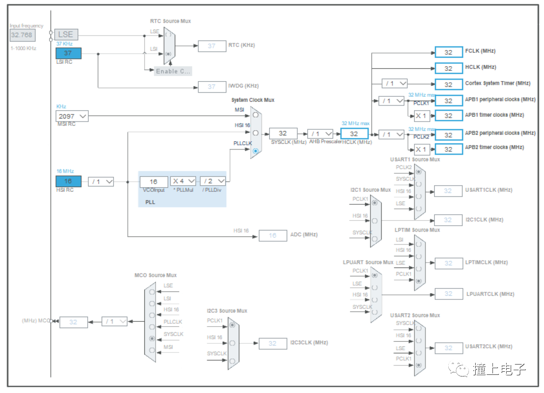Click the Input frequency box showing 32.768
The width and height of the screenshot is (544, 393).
22,35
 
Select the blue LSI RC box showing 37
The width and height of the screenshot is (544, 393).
68,53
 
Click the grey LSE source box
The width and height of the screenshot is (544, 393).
68,35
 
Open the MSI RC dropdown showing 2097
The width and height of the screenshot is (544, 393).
72,116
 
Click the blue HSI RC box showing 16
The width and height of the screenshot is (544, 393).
68,182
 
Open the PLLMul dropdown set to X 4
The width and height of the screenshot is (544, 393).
183,182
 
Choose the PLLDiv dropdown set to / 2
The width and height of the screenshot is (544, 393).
213,182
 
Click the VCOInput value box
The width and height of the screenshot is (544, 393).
154,182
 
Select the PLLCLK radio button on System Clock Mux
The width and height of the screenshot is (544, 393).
255,150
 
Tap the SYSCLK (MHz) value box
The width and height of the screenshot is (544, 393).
283,133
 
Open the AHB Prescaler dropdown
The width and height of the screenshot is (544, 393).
320,133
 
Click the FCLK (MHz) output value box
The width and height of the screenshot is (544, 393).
448,52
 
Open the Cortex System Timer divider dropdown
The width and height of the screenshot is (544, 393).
395,84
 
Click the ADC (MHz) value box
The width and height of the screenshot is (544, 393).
272,236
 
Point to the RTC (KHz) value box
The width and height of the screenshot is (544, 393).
212,46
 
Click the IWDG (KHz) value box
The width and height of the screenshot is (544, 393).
212,87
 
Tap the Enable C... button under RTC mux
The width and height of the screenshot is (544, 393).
173,71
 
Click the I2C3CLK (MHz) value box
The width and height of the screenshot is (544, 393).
272,343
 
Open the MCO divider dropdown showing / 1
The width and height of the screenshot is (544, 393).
114,322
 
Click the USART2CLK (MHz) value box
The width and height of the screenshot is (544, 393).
448,348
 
